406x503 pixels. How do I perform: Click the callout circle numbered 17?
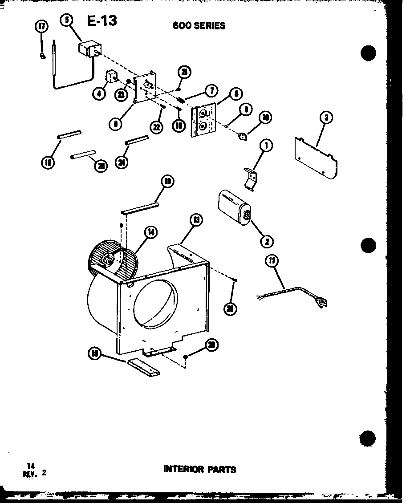pyautogui.click(x=41, y=27)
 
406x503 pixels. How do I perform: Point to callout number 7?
pyautogui.click(x=211, y=91)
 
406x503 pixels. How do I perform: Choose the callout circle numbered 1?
pyautogui.click(x=267, y=146)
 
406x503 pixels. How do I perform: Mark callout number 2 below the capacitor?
pyautogui.click(x=267, y=242)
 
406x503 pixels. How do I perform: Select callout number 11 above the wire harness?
pyautogui.click(x=271, y=261)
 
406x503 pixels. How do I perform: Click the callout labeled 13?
pyautogui.click(x=195, y=219)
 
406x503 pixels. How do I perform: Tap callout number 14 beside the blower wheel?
pyautogui.click(x=151, y=232)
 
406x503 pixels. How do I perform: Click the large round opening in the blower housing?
pyautogui.click(x=154, y=304)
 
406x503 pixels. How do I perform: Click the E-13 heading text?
pyautogui.click(x=102, y=20)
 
